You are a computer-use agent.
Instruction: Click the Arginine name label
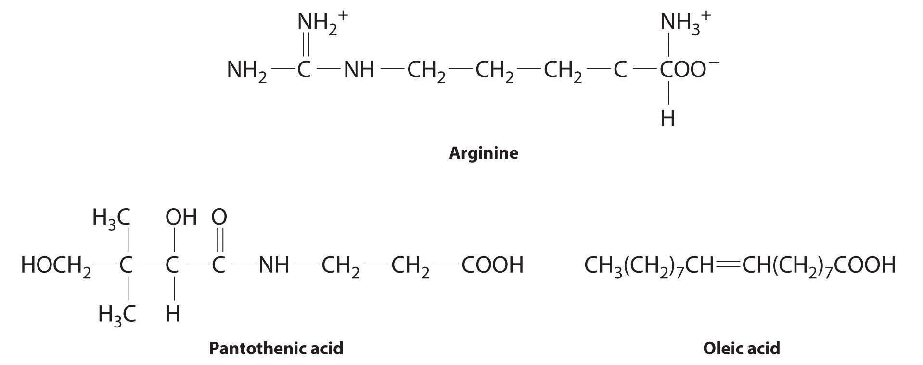(x=483, y=153)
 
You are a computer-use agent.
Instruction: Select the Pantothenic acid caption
(x=276, y=348)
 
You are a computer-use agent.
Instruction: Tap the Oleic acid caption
(x=741, y=348)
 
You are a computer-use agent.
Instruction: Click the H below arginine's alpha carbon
(x=667, y=118)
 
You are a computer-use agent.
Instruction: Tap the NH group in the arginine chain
(x=359, y=70)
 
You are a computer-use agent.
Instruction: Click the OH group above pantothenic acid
(x=181, y=218)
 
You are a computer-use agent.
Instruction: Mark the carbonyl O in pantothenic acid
(x=219, y=218)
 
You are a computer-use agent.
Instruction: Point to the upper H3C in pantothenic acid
(x=111, y=219)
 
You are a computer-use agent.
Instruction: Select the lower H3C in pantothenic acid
(x=117, y=315)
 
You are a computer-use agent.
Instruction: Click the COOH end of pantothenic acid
(x=492, y=265)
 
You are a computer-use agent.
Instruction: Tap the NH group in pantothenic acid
(x=274, y=265)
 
